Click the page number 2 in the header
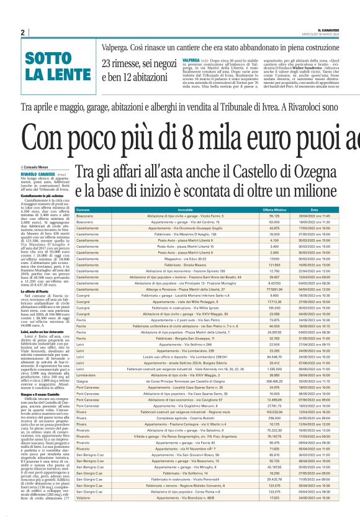point(22,32)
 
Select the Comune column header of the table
point(83,193)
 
